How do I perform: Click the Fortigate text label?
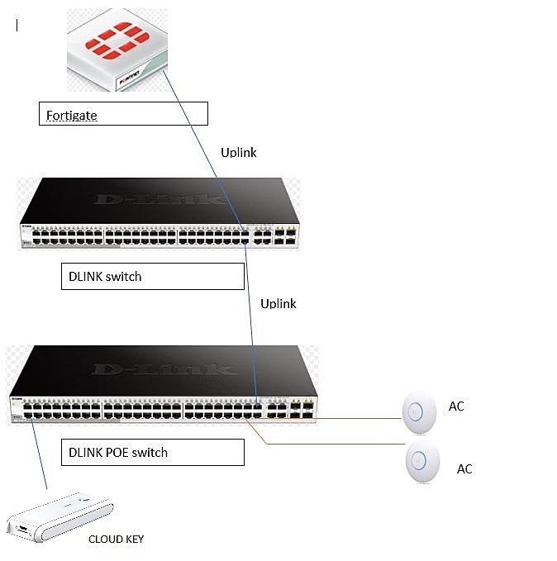72,116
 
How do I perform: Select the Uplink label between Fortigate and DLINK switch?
239,153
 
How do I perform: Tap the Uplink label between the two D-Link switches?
278,303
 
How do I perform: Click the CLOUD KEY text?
116,539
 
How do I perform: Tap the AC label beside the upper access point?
456,406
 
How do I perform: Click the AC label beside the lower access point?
464,468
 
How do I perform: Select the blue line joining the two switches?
250,314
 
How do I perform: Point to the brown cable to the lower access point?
331,445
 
